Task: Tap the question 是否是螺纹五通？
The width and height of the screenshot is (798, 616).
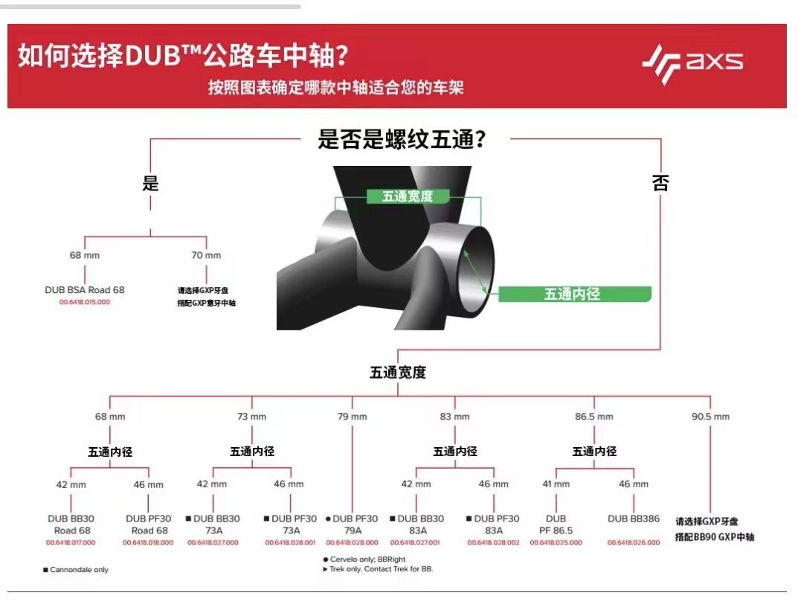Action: [x=402, y=139]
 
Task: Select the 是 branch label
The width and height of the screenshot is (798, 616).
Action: [x=151, y=183]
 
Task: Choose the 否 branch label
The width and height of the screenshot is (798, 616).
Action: [x=660, y=183]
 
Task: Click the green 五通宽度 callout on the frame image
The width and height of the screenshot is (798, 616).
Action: [x=407, y=196]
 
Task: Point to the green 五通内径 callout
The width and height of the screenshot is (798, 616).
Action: [x=572, y=294]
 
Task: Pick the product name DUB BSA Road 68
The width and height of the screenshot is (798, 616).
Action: [x=85, y=289]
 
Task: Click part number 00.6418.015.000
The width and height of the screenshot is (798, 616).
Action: [x=85, y=302]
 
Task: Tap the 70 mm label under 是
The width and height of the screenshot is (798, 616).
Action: [x=206, y=255]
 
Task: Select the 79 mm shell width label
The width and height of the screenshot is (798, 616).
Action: [x=353, y=417]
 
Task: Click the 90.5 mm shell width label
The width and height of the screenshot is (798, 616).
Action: [x=710, y=417]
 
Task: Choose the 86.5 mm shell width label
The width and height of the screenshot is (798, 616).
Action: [x=594, y=417]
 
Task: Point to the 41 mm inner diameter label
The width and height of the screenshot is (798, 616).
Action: [x=556, y=484]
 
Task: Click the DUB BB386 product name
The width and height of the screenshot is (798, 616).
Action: [x=634, y=519]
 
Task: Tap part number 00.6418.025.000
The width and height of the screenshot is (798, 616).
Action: [x=556, y=542]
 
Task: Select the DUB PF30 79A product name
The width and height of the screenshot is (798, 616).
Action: [x=352, y=524]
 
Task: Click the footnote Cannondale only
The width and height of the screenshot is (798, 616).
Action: [x=76, y=570]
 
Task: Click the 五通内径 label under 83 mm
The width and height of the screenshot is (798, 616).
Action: [x=455, y=451]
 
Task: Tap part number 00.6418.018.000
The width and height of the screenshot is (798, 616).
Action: [x=148, y=542]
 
